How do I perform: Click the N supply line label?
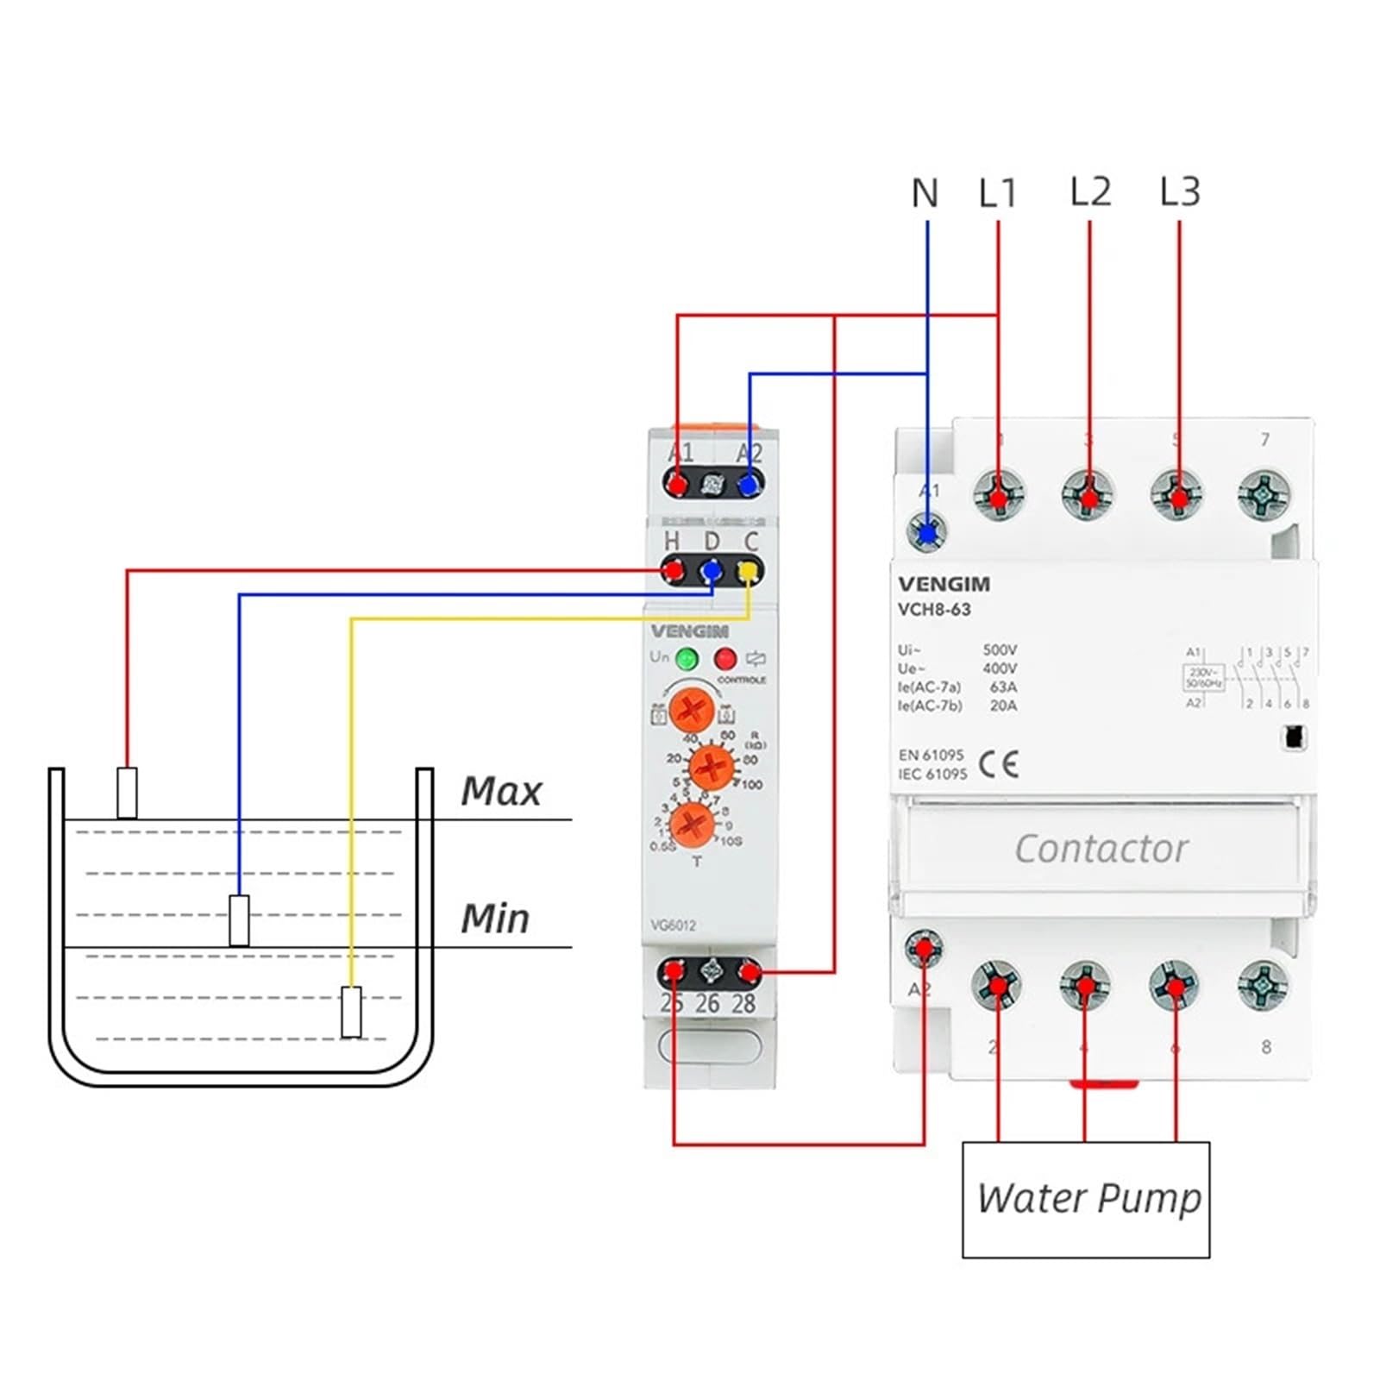tap(925, 193)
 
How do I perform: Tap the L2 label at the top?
tap(1090, 191)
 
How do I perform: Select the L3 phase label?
tap(1180, 191)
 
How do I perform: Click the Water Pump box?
tap(1086, 1199)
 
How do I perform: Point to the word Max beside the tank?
tap(500, 791)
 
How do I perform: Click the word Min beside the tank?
tap(495, 919)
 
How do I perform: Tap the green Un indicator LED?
tap(687, 660)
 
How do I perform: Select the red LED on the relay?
tap(725, 660)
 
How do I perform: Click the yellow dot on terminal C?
tap(748, 571)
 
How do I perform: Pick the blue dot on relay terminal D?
tap(711, 571)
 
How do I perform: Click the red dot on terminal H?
tap(673, 571)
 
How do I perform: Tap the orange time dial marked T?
tap(693, 825)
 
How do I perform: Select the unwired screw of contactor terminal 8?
tap(1264, 985)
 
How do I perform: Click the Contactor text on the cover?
tap(1101, 849)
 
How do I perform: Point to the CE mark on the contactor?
tap(999, 764)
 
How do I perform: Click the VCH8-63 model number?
tap(934, 610)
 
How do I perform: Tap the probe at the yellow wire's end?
tap(351, 1012)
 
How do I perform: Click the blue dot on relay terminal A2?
tap(750, 484)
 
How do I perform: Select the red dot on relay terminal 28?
tap(749, 974)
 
